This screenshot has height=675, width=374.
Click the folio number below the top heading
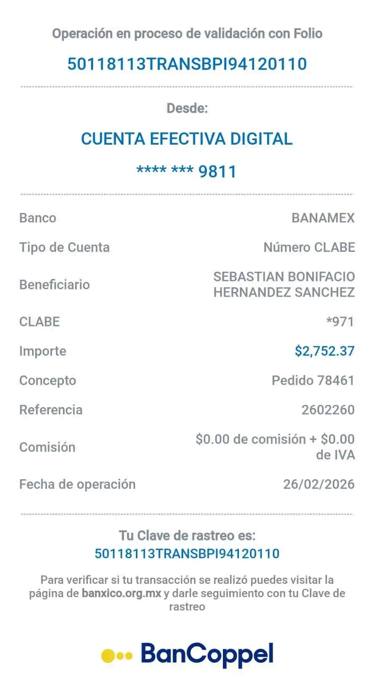coord(187,64)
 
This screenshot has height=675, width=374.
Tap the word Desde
coord(187,108)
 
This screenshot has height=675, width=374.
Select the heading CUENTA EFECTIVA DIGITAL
coord(187,139)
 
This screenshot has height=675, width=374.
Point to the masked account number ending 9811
coord(187,172)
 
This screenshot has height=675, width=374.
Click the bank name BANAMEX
coord(323,218)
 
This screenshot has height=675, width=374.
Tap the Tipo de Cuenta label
coord(65,247)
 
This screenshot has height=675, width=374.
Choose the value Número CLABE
coord(309,247)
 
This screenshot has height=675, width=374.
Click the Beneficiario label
coord(55,285)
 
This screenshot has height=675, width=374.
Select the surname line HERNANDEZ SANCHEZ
coord(284,292)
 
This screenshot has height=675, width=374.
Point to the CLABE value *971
coord(340,322)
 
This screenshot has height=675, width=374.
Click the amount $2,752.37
coord(325,351)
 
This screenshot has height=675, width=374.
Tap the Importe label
coord(43,351)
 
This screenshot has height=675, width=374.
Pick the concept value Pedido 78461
coord(313,381)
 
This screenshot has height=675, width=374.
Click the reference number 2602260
coord(328,410)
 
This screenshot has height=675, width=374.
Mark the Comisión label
coord(47,447)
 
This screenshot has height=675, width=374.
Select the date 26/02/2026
coord(319,484)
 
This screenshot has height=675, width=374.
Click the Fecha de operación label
coord(78,484)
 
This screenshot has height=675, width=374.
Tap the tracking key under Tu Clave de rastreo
coord(187,553)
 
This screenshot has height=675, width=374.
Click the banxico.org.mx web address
coord(122,593)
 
